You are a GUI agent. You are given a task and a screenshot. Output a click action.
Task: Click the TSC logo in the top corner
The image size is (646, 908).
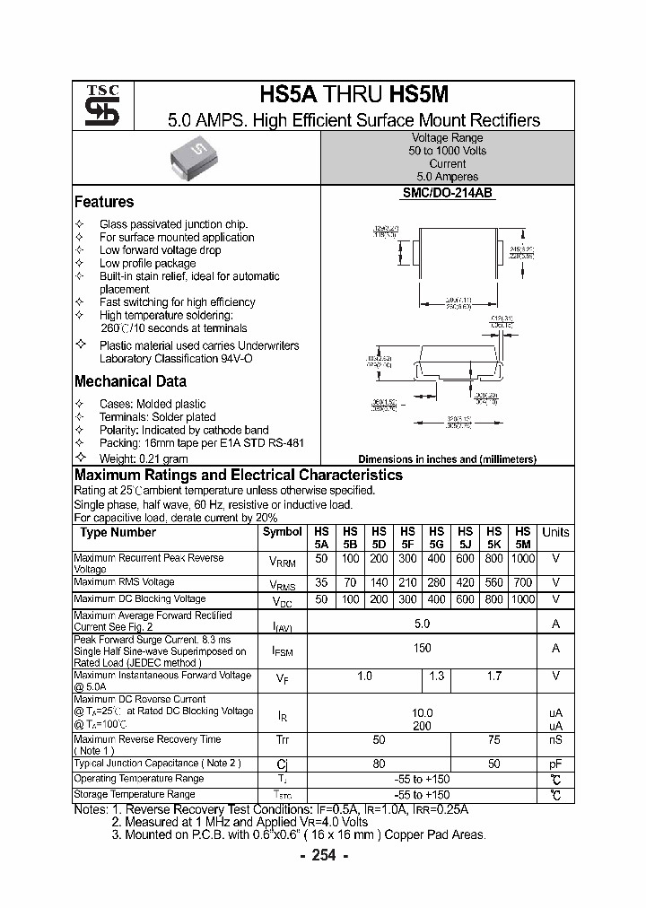tap(96, 107)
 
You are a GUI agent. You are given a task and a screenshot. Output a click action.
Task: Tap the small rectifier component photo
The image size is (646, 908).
tap(196, 159)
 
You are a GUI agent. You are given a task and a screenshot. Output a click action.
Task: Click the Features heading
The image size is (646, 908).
tap(104, 202)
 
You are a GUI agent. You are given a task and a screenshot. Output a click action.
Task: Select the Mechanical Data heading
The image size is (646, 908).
tap(130, 380)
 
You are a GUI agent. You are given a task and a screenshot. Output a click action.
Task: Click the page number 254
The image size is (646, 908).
tap(323, 855)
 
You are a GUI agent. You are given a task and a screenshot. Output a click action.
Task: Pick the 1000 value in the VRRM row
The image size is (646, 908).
tap(522, 558)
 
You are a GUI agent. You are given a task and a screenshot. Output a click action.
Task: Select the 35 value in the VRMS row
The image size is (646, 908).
tap(321, 582)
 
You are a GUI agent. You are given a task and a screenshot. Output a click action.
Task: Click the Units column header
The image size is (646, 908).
tap(555, 532)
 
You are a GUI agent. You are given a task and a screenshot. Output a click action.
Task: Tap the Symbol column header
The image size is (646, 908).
tap(283, 532)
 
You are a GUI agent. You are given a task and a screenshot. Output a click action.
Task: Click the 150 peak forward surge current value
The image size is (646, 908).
tap(422, 648)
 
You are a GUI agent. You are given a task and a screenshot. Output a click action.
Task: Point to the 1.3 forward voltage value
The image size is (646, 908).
tap(436, 676)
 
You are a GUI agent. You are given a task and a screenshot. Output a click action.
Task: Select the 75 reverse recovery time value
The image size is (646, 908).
tap(493, 739)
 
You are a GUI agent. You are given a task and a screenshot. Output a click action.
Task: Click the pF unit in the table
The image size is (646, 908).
tap(555, 764)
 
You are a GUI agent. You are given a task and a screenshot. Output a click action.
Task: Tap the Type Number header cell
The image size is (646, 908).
tap(118, 532)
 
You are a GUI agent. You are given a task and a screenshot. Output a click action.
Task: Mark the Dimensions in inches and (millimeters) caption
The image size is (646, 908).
tap(447, 458)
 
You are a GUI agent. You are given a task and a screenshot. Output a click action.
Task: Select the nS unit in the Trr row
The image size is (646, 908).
tap(555, 739)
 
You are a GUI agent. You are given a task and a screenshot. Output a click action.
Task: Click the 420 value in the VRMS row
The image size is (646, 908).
tap(465, 582)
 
